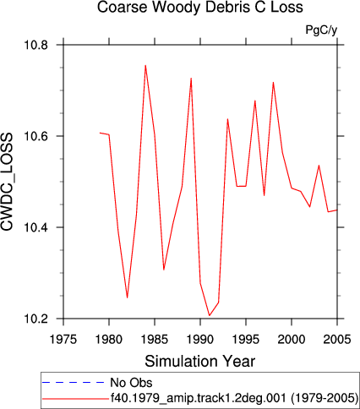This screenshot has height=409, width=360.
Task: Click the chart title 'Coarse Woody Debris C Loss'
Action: coord(200,7)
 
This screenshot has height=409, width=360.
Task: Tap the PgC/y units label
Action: coord(321,30)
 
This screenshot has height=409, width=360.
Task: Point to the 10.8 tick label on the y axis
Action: coord(36,45)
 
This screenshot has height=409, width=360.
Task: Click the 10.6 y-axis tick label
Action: coord(36,136)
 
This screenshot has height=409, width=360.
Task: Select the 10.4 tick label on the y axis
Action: coord(36,227)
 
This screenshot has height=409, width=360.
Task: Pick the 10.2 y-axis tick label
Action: coord(36,319)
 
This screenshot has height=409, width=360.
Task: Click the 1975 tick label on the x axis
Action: coord(63,339)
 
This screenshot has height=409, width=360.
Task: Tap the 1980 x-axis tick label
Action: coord(109,339)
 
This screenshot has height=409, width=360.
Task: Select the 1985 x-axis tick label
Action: coord(155,339)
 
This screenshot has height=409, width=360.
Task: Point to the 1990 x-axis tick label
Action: coord(200,339)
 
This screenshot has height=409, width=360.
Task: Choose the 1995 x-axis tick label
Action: coord(246,339)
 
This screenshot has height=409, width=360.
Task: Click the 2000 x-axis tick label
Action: coord(292,339)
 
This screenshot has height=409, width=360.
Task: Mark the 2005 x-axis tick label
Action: coord(337,339)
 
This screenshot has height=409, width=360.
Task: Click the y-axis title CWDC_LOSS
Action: coord(7,182)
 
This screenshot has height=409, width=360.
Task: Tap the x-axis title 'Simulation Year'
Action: coord(200,361)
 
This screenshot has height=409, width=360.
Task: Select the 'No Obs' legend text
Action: coord(131,383)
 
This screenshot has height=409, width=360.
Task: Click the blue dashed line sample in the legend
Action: coord(74,382)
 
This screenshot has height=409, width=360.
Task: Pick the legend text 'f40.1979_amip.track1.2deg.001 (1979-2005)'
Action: coord(234,398)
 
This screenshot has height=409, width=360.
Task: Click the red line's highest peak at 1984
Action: coord(145,65)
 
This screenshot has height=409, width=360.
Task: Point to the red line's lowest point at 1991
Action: coord(210,315)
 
